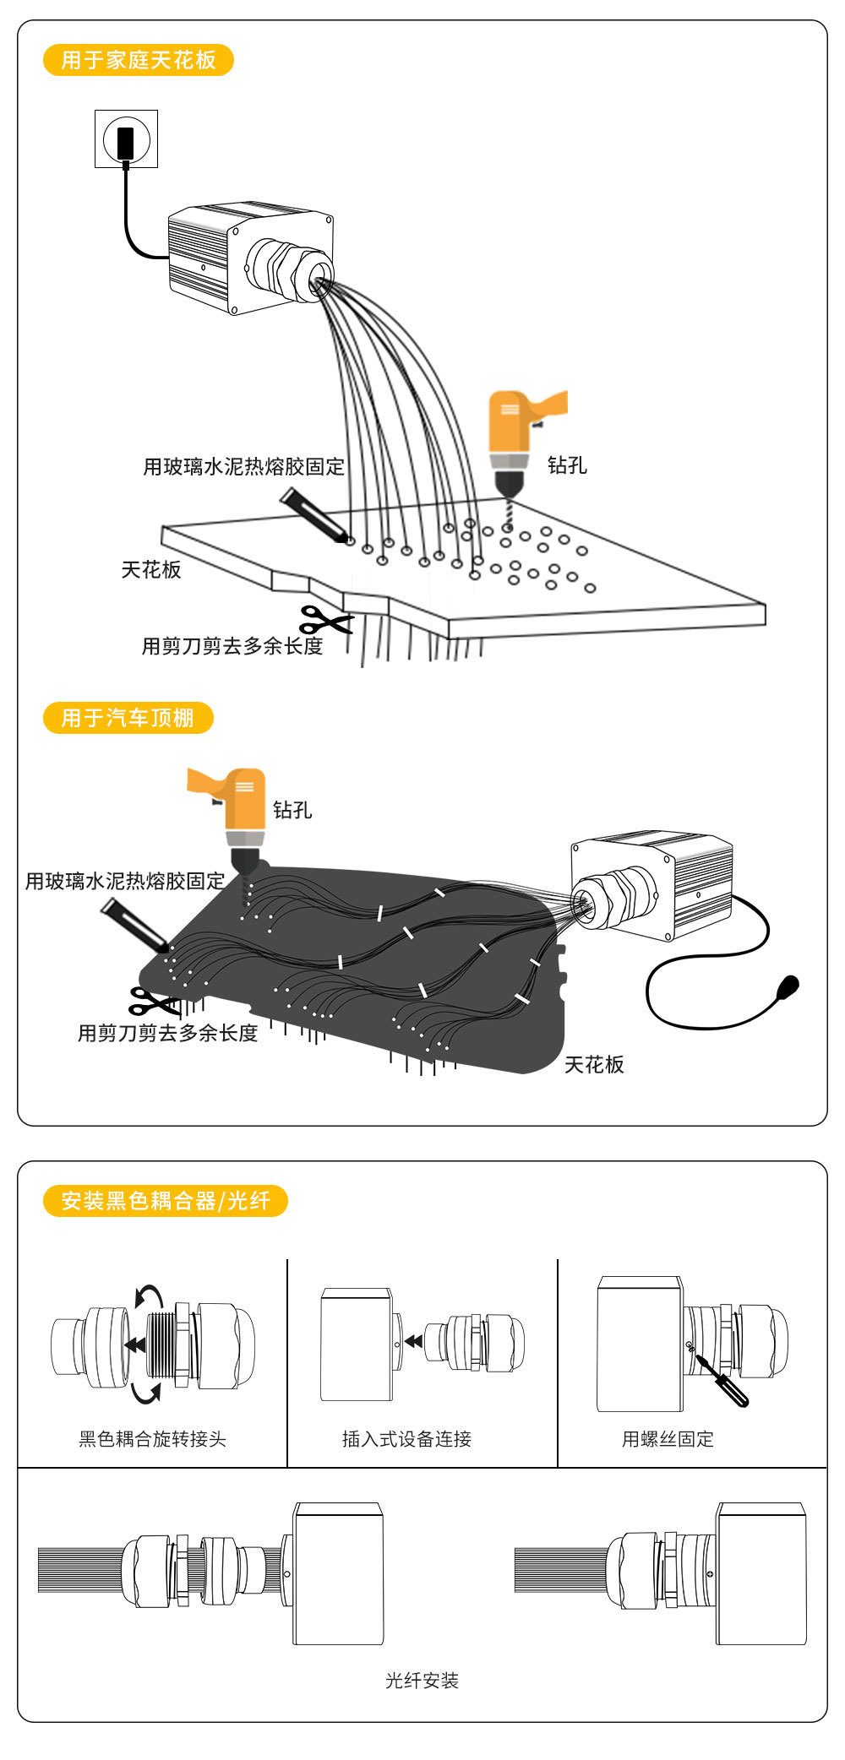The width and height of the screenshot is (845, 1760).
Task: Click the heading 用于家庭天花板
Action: point(138,60)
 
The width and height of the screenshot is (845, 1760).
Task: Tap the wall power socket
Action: point(126,139)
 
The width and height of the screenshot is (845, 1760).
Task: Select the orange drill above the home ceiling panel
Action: point(515,439)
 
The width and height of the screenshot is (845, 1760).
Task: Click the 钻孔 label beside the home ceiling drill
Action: point(567,465)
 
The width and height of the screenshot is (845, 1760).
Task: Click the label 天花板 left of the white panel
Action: point(151,570)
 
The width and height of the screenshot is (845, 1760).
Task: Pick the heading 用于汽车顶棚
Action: point(128,718)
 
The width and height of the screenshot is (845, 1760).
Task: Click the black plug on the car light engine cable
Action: point(788,986)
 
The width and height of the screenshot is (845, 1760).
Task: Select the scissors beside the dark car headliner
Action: point(153,1002)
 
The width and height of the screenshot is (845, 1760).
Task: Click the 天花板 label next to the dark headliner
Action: point(594,1065)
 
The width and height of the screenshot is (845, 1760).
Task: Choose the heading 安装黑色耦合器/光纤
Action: point(166,1201)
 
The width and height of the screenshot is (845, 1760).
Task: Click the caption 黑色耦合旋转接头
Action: point(153,1439)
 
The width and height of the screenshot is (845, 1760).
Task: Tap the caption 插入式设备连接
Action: point(406,1439)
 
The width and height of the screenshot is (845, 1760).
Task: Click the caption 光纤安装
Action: point(422,1681)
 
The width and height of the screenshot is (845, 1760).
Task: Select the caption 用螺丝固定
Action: point(668,1439)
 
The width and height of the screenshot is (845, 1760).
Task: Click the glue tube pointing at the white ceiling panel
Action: point(313,514)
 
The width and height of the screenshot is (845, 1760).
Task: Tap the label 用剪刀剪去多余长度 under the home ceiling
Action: point(232,647)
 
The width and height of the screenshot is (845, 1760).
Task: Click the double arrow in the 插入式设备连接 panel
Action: point(413,1341)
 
